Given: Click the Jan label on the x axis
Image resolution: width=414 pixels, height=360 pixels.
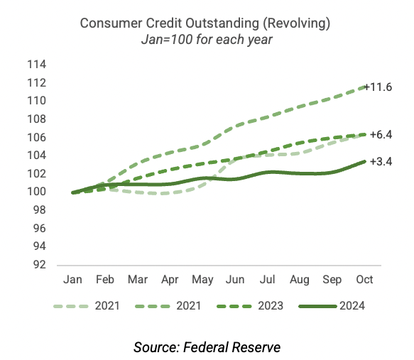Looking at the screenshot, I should pyautogui.click(x=73, y=280).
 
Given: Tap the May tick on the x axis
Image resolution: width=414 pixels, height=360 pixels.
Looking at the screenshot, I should pyautogui.click(x=202, y=280).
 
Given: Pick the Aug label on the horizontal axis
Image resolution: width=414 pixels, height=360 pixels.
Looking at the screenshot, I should pyautogui.click(x=300, y=280).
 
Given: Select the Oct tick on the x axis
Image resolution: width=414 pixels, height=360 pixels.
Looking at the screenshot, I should pyautogui.click(x=364, y=280).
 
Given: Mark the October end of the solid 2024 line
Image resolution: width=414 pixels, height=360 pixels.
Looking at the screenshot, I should pyautogui.click(x=365, y=161).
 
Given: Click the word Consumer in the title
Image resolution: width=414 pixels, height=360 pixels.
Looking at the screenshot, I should pyautogui.click(x=107, y=23).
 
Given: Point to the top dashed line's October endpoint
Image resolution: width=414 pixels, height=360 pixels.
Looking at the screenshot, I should pyautogui.click(x=365, y=87).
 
